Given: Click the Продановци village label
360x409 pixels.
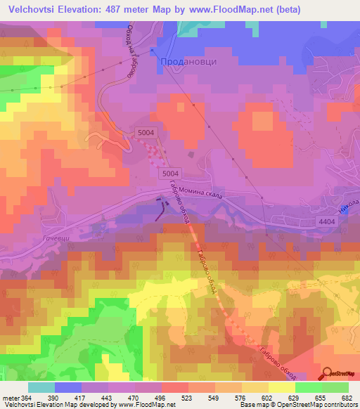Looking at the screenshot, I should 189,61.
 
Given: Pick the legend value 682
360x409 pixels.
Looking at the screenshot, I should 347,397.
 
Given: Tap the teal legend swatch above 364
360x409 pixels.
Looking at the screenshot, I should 41,387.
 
